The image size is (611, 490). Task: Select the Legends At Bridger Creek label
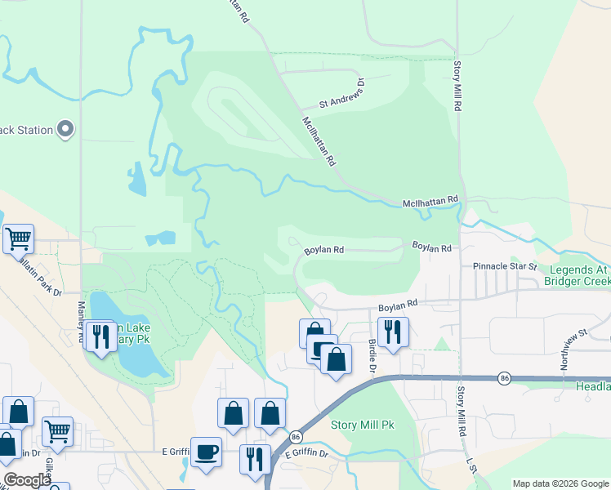pos(578,276)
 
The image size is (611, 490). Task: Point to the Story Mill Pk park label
pos(362,425)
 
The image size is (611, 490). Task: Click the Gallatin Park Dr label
pos(31,269)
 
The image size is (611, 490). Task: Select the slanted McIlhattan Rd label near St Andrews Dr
pos(319,141)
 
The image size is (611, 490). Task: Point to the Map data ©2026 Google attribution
pos(560,483)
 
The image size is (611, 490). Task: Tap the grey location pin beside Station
pos(66,129)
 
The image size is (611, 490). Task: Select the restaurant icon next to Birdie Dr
pos(393,332)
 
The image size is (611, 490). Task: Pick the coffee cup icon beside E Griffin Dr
pos(206,452)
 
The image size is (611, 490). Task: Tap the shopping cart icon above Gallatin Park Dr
pos(18,238)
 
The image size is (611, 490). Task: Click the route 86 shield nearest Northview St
pos(505,378)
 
